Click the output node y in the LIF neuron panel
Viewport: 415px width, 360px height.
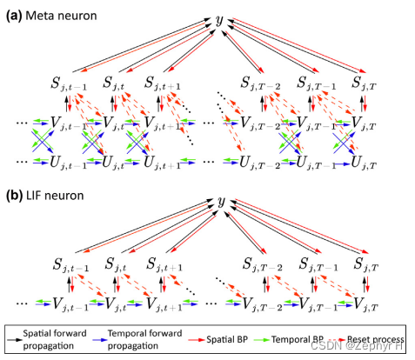click(221, 202)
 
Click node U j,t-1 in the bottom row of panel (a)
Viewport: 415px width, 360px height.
click(67, 162)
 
